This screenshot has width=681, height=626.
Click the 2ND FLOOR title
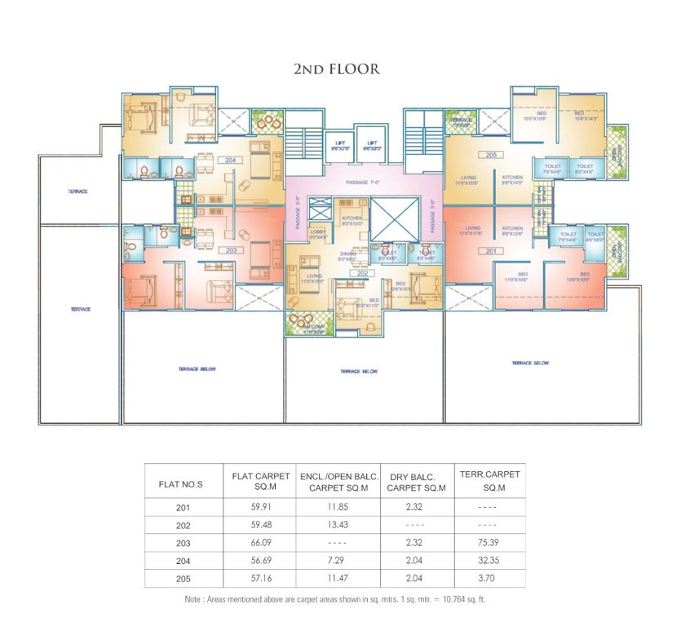click(336, 69)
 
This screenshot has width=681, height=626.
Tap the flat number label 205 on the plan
click(491, 154)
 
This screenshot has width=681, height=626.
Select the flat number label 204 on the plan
click(231, 161)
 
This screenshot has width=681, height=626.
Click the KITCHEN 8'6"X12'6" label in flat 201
click(512, 231)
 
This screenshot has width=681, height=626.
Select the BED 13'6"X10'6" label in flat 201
click(585, 277)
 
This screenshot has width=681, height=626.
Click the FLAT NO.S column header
click(179, 484)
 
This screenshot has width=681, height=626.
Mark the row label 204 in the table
click(183, 559)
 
